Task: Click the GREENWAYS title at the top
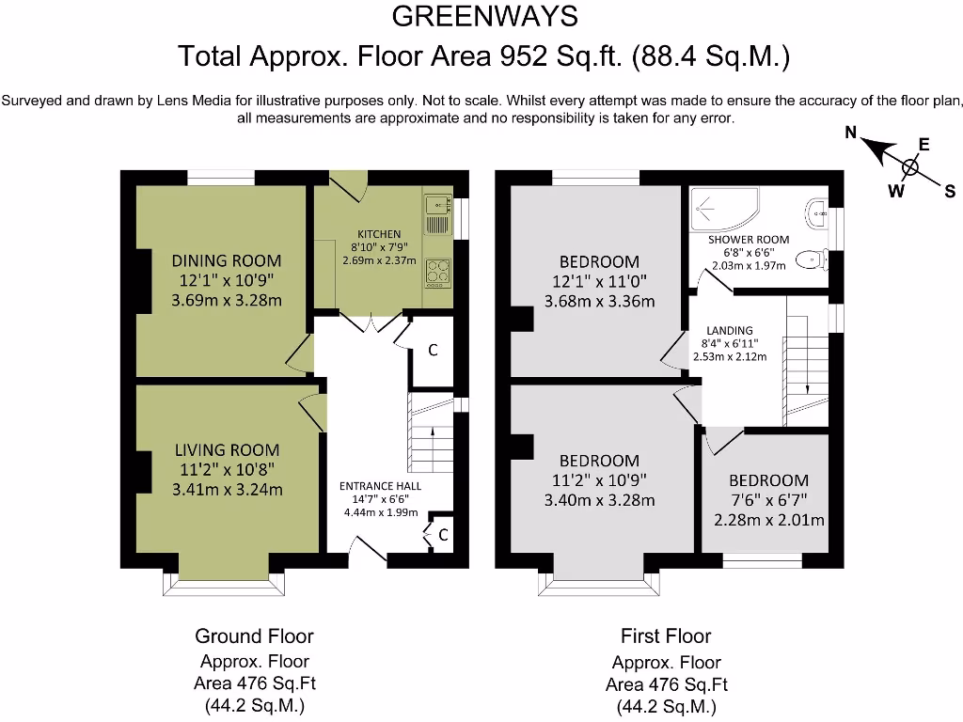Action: [484, 16]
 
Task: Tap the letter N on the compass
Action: [850, 133]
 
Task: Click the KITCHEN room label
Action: [379, 234]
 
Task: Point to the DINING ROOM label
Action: [227, 260]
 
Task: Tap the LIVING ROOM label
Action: [227, 450]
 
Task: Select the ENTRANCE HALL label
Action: [381, 486]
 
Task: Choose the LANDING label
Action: [730, 330]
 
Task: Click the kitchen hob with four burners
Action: [439, 272]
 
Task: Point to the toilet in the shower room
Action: [808, 259]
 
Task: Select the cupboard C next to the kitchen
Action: [433, 351]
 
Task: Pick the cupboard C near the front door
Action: [442, 536]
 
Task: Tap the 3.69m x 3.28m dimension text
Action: [227, 301]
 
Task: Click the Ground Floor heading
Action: [254, 636]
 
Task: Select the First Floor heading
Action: [666, 636]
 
